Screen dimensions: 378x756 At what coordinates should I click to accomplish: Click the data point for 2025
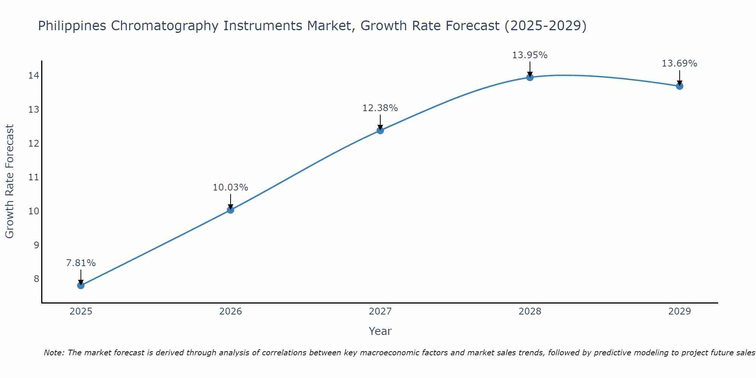pyautogui.click(x=81, y=285)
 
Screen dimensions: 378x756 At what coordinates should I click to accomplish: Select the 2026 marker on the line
pyautogui.click(x=231, y=210)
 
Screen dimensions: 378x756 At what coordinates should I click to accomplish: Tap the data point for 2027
pyautogui.click(x=380, y=130)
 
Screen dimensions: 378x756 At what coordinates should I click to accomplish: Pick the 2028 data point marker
pyautogui.click(x=530, y=77)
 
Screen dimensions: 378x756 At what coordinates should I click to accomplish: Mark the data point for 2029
pyautogui.click(x=680, y=86)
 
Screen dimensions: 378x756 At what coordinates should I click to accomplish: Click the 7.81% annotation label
pyautogui.click(x=81, y=263)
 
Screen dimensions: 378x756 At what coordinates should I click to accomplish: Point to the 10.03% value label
pyautogui.click(x=231, y=187)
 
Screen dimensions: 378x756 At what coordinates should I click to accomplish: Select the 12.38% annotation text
pyautogui.click(x=380, y=108)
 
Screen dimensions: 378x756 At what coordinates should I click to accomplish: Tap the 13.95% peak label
pyautogui.click(x=530, y=55)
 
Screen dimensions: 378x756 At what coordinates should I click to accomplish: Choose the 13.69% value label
pyautogui.click(x=680, y=64)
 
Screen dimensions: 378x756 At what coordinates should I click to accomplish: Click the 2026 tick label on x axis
pyautogui.click(x=231, y=311)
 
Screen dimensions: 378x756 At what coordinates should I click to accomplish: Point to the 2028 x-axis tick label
pyautogui.click(x=530, y=311)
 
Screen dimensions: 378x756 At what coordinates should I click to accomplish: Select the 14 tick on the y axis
pyautogui.click(x=34, y=76)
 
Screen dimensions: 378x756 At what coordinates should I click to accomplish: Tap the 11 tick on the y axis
pyautogui.click(x=34, y=177)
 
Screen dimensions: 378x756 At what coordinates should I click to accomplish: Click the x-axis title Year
pyautogui.click(x=380, y=331)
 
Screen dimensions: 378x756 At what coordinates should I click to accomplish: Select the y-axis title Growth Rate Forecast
pyautogui.click(x=10, y=181)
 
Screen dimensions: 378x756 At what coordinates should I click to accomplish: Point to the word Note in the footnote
pyautogui.click(x=54, y=353)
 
